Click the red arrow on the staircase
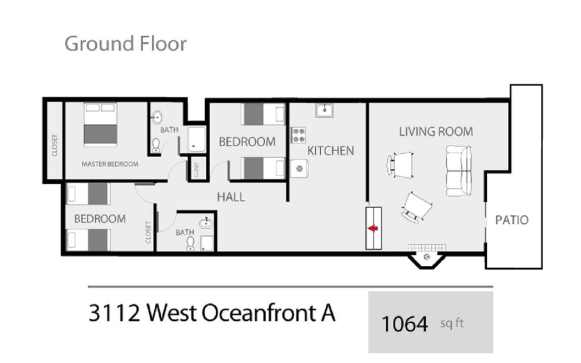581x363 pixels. click(373, 228)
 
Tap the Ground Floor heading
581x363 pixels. click(126, 44)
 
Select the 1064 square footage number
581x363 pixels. click(404, 324)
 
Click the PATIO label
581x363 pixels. click(512, 220)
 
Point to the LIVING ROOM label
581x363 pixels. click(436, 132)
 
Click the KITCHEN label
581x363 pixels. click(330, 151)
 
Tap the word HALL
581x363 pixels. click(231, 197)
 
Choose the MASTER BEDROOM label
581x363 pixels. click(109, 164)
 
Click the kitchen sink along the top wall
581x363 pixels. click(324, 110)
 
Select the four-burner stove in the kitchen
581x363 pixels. click(298, 135)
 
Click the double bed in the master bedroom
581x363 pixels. click(100, 125)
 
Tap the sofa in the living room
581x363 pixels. click(459, 171)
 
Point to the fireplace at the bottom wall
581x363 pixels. click(427, 257)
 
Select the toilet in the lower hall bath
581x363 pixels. click(191, 244)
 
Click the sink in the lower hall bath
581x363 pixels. click(206, 223)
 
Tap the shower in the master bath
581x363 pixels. click(196, 139)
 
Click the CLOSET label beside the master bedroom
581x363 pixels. click(54, 145)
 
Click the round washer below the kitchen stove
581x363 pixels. click(299, 168)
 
